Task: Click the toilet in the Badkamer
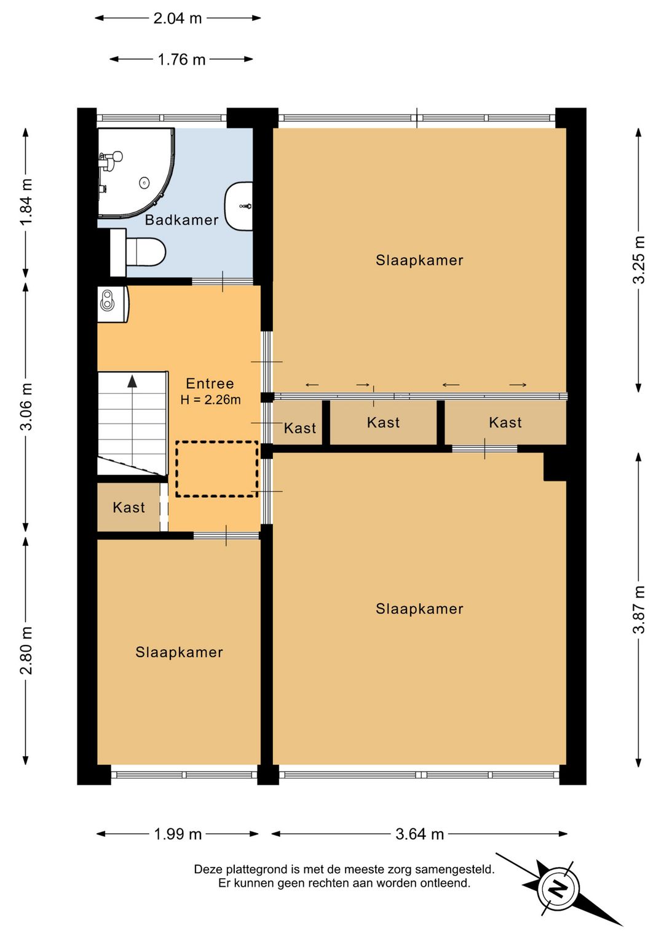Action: point(138,252)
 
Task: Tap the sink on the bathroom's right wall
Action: point(239,206)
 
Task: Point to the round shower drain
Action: point(144,183)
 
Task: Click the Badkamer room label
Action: point(181,220)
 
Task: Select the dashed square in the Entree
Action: point(216,469)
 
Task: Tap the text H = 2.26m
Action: point(210,400)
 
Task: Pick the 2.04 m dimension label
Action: point(178,18)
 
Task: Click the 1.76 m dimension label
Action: point(181,60)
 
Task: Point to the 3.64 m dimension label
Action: point(419,834)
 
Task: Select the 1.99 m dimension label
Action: point(178,834)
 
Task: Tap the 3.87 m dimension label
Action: point(639,609)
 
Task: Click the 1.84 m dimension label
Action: point(26,202)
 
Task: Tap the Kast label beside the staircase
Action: point(128,508)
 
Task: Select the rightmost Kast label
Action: point(505,423)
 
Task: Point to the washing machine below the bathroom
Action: point(113,304)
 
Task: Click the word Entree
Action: point(210,383)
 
